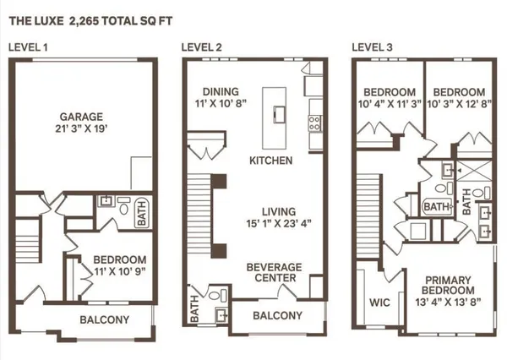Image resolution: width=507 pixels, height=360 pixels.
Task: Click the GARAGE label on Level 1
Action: point(80,117)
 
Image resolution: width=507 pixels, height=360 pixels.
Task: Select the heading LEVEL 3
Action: point(372,48)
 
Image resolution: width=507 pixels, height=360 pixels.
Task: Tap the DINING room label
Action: point(220,92)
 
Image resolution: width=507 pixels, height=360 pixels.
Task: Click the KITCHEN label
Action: point(270,161)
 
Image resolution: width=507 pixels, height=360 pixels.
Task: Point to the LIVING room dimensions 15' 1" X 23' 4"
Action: point(269,225)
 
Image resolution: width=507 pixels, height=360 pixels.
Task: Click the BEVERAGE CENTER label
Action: point(270,272)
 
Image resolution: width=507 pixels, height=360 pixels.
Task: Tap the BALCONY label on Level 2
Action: point(277,316)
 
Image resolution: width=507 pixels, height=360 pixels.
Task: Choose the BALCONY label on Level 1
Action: point(104,319)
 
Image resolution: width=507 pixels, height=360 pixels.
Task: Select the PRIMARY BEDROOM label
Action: point(448,287)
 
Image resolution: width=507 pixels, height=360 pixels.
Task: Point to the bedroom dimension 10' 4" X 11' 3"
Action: point(390,105)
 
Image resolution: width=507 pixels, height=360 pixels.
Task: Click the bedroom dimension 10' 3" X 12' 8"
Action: point(459,105)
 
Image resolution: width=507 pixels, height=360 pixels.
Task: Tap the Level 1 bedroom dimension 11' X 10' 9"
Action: point(118,273)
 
